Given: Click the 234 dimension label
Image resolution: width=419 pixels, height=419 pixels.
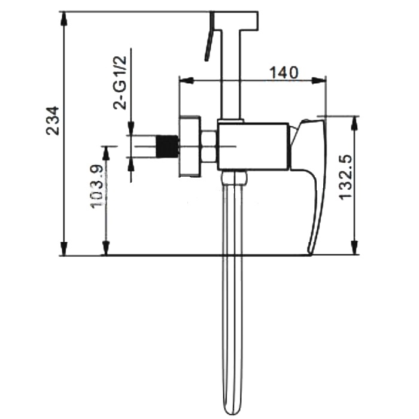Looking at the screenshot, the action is coord(53,120).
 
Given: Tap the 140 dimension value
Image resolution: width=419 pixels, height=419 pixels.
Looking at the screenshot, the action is coord(283,72).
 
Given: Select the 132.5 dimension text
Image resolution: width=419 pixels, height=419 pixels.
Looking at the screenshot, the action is coord(345,177).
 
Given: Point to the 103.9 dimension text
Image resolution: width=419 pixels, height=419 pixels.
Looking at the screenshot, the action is coord(96,186).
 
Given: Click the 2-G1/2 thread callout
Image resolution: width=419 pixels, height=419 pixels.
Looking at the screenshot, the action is coord(120,83).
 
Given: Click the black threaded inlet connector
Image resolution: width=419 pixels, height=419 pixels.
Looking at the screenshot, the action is coord(167,147).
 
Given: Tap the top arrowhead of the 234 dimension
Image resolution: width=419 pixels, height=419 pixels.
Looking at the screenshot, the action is coord(64,19).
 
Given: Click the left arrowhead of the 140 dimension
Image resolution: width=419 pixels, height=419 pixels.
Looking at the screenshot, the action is coord(187,80).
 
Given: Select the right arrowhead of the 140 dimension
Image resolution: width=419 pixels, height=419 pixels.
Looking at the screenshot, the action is coord(318,80).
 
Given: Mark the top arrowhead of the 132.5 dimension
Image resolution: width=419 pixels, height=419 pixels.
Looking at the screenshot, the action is coord(354,123).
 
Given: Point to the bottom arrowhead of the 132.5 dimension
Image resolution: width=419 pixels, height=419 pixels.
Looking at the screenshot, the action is coord(354,248).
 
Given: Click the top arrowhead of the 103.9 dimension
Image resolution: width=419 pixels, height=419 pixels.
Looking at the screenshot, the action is coord(107,153).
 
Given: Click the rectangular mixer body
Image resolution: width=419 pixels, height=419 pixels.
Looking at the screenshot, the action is coord(253,147).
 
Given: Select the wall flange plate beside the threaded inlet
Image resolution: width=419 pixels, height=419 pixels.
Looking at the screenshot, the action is coord(190,147).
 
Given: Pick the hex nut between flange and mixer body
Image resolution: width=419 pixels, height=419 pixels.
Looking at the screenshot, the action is coord(209,146).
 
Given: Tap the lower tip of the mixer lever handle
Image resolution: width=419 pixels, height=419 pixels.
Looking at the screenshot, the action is coord(310,252).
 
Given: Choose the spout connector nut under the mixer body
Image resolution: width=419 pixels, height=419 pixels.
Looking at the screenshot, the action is coord(234,178).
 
